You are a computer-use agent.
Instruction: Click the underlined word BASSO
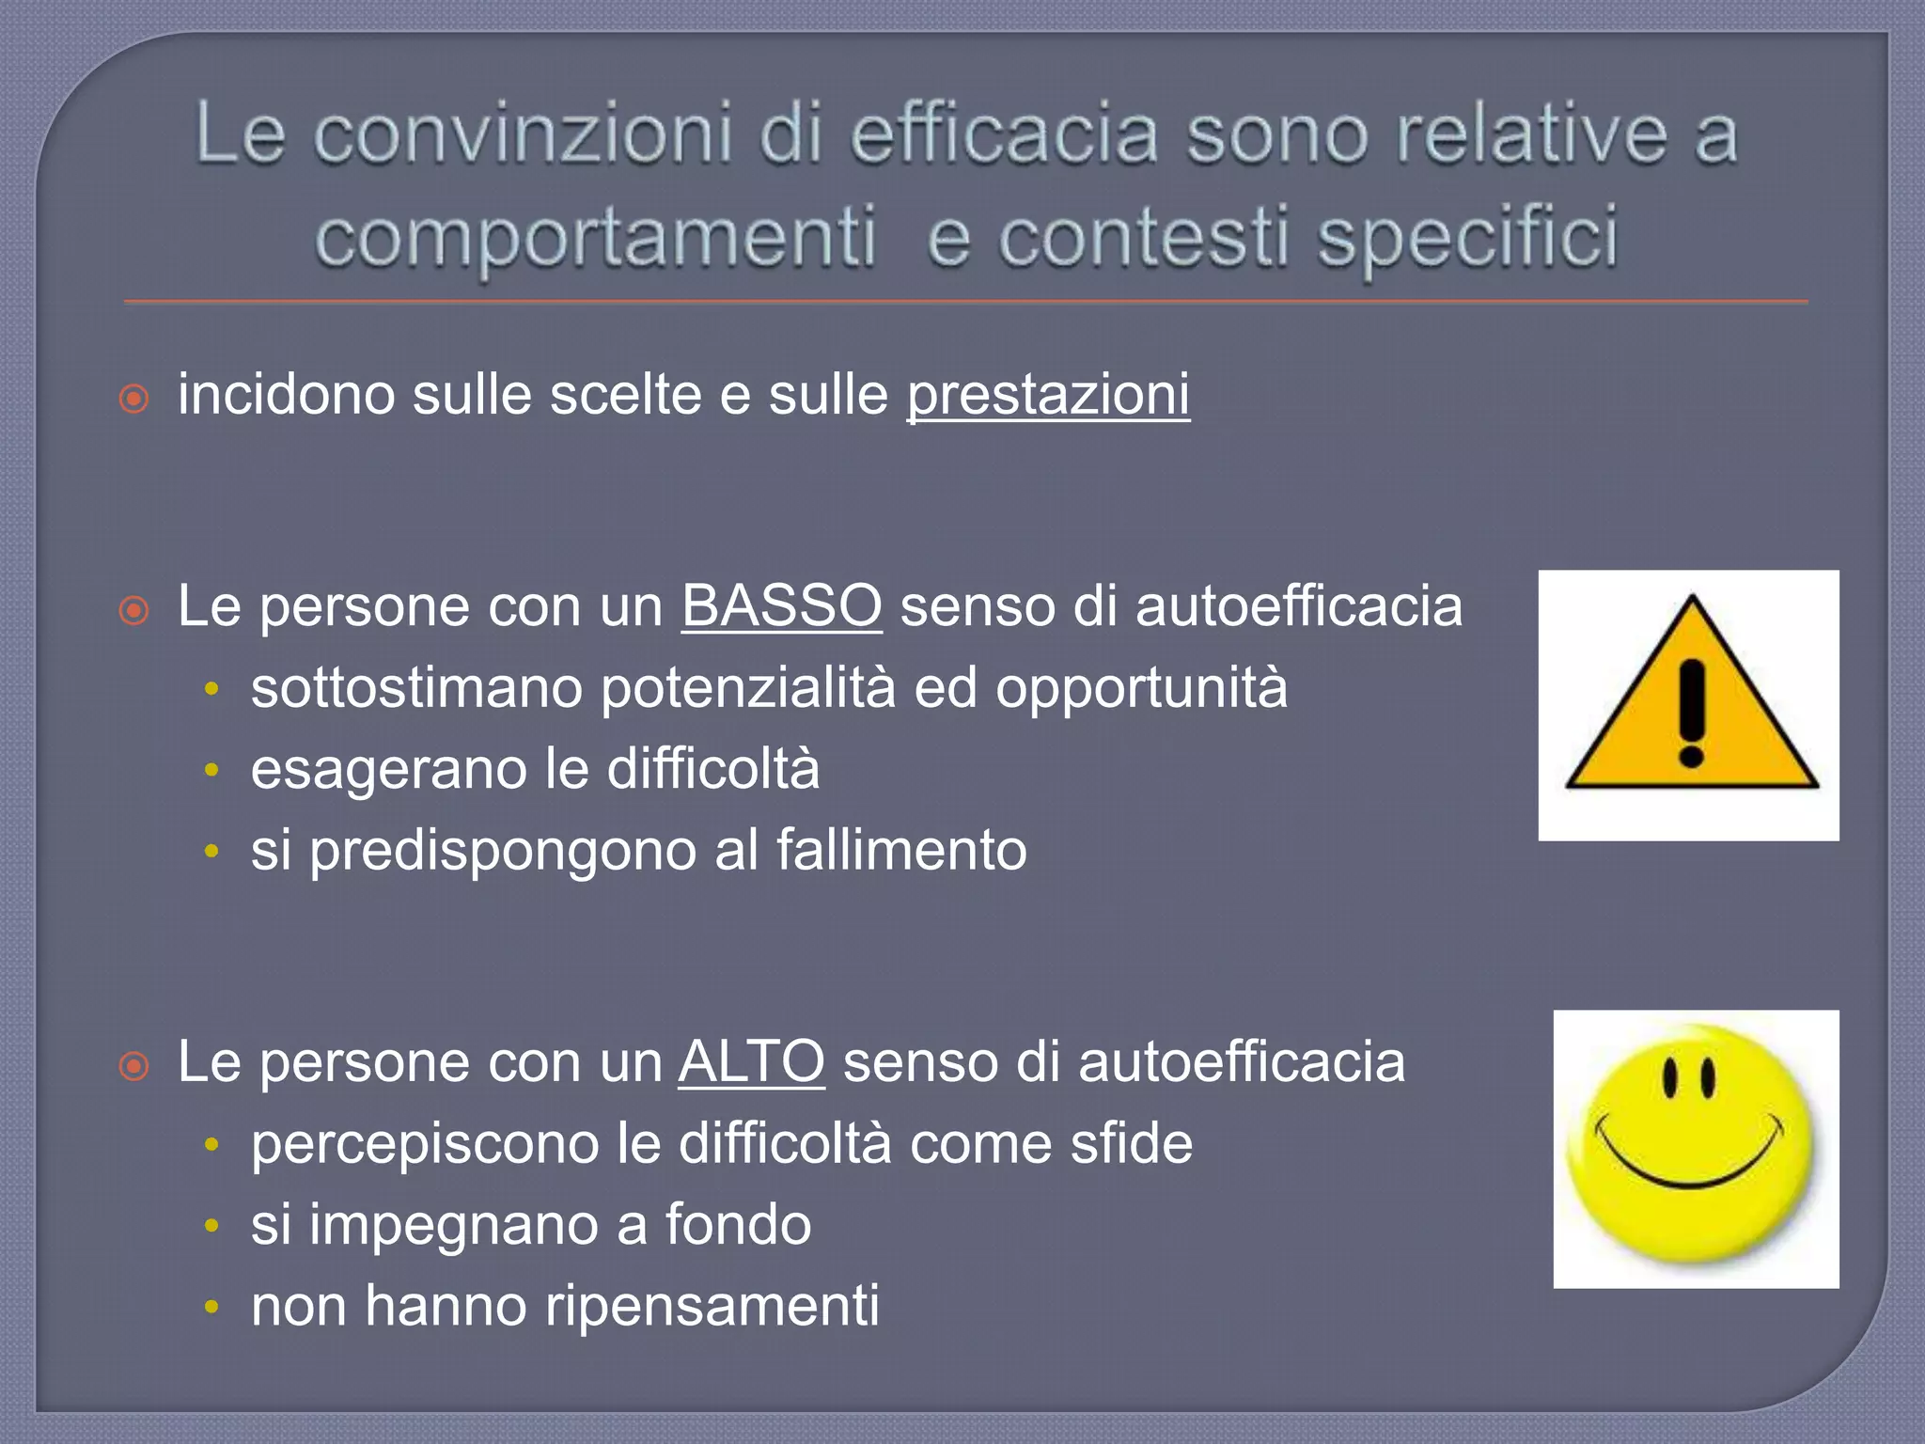(781, 606)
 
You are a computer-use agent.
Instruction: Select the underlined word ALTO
(751, 1062)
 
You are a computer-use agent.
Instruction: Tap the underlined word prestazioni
(1048, 395)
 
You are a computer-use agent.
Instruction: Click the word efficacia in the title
(1004, 135)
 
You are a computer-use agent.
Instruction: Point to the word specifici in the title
(1467, 237)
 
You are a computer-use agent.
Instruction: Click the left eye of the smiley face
(1670, 1078)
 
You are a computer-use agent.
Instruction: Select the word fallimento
(901, 851)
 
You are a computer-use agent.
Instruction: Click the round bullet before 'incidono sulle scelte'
(134, 399)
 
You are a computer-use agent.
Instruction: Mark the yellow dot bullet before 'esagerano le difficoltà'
(212, 771)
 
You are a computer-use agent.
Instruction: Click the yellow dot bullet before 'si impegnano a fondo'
(212, 1226)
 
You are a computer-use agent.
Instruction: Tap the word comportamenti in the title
(595, 237)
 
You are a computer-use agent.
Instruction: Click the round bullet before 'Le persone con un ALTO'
(134, 1066)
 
